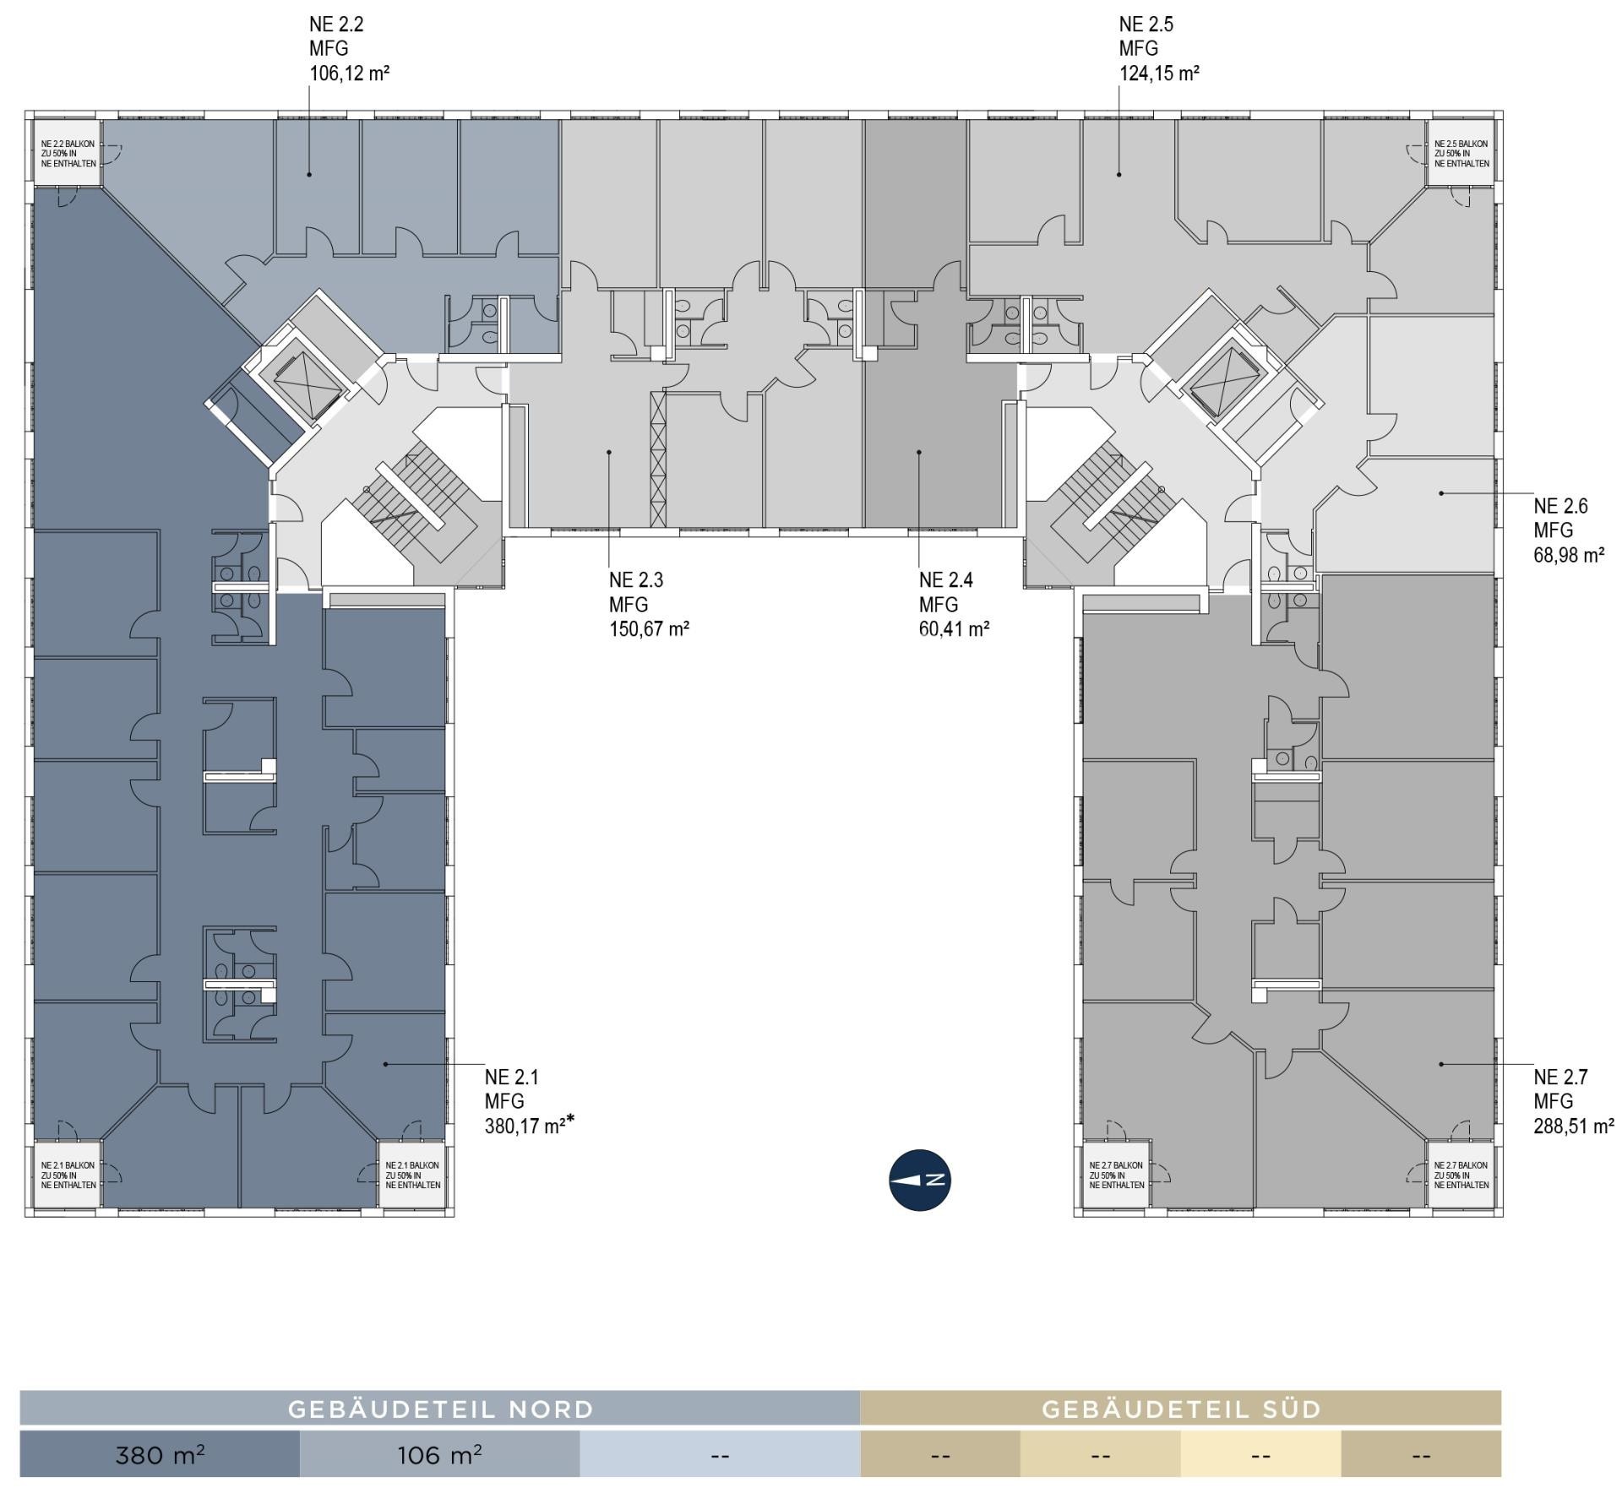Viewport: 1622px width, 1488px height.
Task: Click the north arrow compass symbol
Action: (920, 1180)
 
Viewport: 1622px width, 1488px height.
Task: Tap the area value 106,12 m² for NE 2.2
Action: (349, 73)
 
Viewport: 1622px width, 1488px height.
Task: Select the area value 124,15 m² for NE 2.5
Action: (1159, 73)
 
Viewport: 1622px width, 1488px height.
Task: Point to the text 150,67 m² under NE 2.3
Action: (649, 629)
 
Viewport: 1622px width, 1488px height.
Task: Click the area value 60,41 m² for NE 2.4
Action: (954, 629)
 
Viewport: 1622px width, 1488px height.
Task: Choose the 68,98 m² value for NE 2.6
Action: (1569, 555)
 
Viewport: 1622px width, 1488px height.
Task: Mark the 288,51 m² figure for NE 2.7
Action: (1574, 1126)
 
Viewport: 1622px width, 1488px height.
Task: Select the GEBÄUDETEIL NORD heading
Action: (440, 1409)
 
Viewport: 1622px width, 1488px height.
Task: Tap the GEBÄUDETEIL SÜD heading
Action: (1181, 1409)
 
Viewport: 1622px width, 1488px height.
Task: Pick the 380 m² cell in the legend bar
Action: (160, 1455)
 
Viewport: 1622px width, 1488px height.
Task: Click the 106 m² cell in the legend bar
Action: (439, 1455)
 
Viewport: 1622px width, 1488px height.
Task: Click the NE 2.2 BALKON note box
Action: (68, 153)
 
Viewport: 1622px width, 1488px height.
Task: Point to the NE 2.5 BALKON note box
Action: (1461, 153)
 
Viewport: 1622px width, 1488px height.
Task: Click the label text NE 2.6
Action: (1560, 506)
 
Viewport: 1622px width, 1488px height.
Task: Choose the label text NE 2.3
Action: (636, 580)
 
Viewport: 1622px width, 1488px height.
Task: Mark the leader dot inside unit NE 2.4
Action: (919, 453)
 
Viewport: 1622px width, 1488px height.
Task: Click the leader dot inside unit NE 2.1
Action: (386, 1064)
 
